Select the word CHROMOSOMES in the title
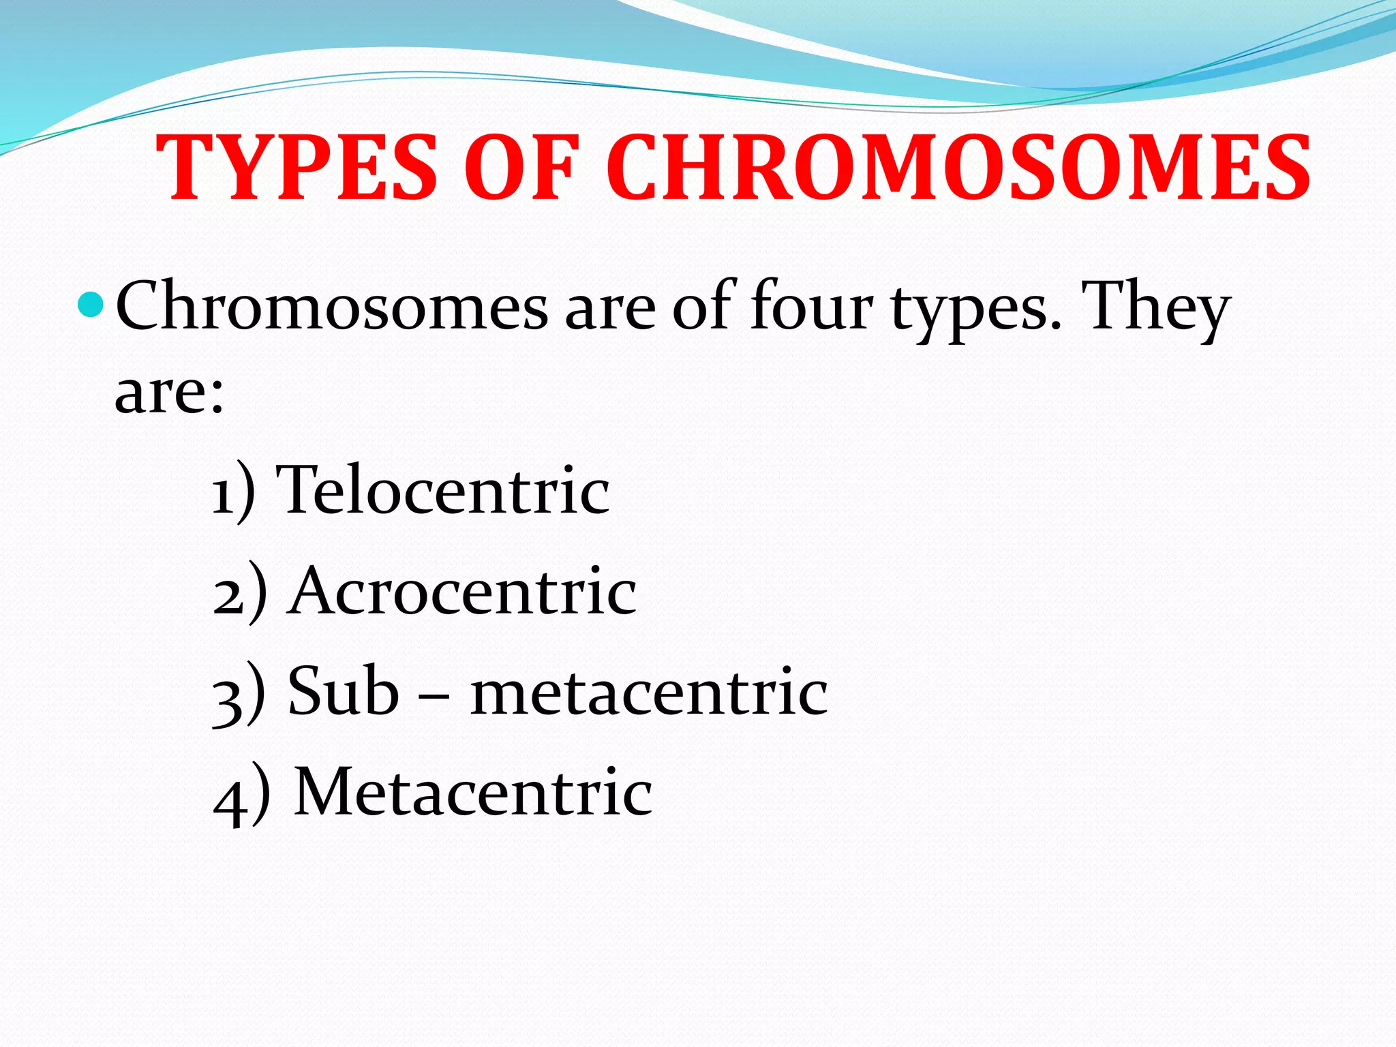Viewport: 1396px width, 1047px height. [958, 168]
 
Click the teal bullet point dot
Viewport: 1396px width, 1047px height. [90, 305]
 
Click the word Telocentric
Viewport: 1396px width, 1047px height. [446, 489]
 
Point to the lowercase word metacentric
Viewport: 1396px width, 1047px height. [649, 692]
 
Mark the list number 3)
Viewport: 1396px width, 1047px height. [239, 694]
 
